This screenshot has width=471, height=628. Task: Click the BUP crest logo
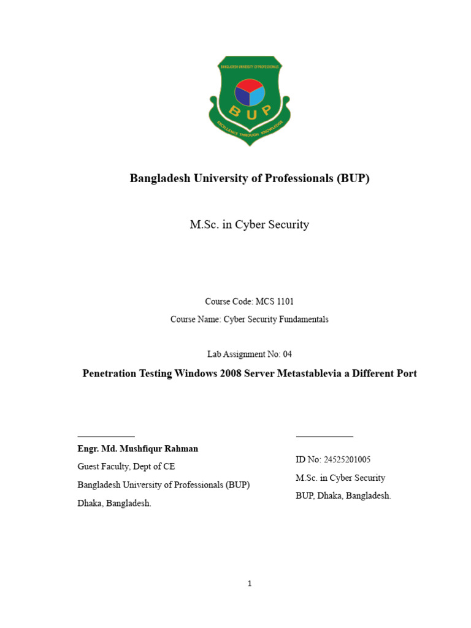coord(250,100)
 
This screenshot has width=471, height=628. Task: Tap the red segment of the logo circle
coord(249,85)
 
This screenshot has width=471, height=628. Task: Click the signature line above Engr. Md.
coord(106,436)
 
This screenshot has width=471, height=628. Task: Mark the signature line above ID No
coord(324,436)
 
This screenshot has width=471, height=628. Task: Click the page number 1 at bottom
coord(250,583)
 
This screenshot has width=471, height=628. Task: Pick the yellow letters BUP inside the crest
coord(250,111)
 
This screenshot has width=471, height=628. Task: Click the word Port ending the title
coord(405,373)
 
